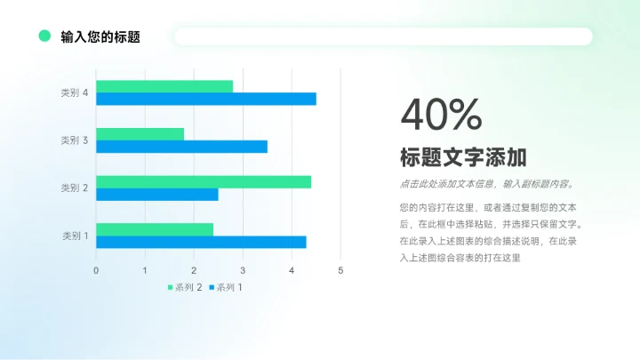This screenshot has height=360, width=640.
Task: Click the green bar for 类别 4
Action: pyautogui.click(x=164, y=86)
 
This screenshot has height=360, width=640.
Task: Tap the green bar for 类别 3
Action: pyautogui.click(x=140, y=134)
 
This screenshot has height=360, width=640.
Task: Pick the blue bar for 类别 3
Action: pyautogui.click(x=181, y=147)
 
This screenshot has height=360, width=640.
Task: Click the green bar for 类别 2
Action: pyautogui.click(x=204, y=181)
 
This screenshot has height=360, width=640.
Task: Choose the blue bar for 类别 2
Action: pyautogui.click(x=156, y=194)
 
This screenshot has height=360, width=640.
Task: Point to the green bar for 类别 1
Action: pyautogui.click(x=155, y=229)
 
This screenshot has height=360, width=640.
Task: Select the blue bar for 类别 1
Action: pyautogui.click(x=201, y=242)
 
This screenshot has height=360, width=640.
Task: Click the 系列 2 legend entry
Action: pyautogui.click(x=184, y=287)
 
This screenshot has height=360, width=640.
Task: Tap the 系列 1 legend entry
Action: pyautogui.click(x=225, y=287)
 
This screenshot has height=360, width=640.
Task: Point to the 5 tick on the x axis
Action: pyautogui.click(x=340, y=269)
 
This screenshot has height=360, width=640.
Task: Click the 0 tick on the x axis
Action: pyautogui.click(x=96, y=269)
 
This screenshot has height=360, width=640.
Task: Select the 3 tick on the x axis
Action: pyautogui.click(x=243, y=269)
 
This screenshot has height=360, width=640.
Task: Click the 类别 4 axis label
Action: pyautogui.click(x=74, y=92)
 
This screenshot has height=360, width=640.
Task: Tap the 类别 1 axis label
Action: pyautogui.click(x=75, y=236)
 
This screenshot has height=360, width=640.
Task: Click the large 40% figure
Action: pyautogui.click(x=441, y=114)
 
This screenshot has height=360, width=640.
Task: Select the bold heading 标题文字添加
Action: pyautogui.click(x=463, y=158)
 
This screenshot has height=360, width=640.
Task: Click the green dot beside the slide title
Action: pyautogui.click(x=44, y=36)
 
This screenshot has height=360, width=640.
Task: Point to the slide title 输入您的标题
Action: pyautogui.click(x=100, y=37)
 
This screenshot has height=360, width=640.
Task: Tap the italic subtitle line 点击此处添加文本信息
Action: pyautogui.click(x=487, y=185)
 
